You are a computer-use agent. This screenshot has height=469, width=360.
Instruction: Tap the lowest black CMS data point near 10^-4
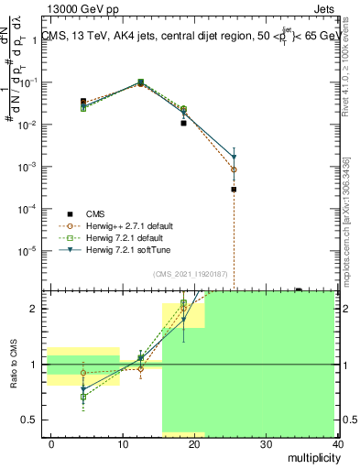pos(234,190)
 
